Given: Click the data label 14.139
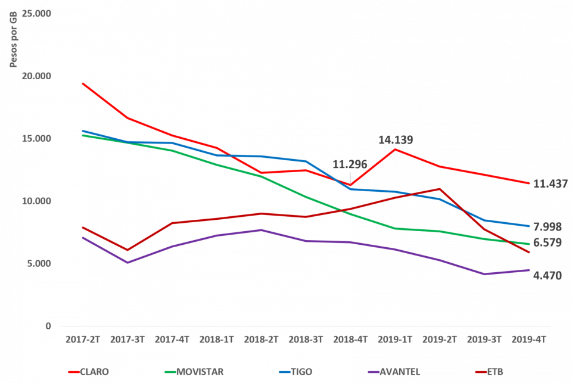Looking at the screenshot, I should click(395, 140).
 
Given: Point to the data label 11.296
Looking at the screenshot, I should click(350, 164).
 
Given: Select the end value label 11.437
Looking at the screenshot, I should click(550, 184).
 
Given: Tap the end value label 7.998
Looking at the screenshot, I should click(547, 227).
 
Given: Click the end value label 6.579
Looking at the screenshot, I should click(547, 242).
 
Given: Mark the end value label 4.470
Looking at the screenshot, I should click(547, 276).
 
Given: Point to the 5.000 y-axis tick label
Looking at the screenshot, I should click(39, 263).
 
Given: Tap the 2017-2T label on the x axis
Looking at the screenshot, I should click(83, 338).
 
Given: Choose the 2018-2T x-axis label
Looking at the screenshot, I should click(261, 338).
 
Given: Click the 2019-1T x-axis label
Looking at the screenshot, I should click(394, 338).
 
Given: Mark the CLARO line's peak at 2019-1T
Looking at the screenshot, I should click(394, 149).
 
